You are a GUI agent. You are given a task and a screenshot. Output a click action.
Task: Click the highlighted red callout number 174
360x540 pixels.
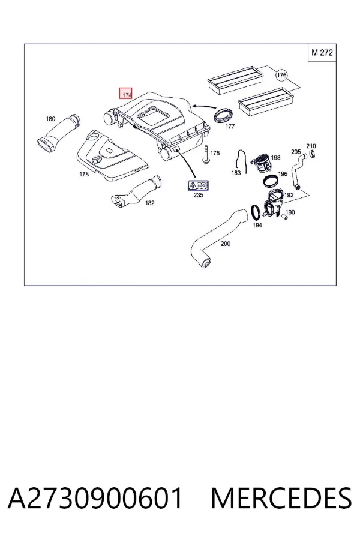coord(126,93)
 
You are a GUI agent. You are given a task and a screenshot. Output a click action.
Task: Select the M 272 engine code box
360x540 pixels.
coord(322,53)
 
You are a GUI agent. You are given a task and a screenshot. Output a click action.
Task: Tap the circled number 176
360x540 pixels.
coord(281,75)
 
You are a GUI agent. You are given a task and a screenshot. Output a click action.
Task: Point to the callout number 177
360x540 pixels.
coord(230,127)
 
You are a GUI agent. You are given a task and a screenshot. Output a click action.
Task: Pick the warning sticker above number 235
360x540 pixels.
coord(198,185)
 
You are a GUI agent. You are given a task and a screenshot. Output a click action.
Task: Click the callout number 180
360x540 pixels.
coord(50,119)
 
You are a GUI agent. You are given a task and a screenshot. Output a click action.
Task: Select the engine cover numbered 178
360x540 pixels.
coord(111,155)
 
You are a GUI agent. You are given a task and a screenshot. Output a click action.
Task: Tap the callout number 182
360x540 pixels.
coord(149,203)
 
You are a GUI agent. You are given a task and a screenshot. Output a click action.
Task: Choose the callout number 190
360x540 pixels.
coord(290,212)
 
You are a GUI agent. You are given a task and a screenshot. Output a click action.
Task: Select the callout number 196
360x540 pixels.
coord(283,174)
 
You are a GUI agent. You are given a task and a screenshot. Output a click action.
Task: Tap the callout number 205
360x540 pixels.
coord(296,152)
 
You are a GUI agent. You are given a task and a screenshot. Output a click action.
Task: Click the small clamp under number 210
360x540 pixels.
coord(312,154)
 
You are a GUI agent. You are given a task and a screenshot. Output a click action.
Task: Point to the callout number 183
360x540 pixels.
coord(236,173)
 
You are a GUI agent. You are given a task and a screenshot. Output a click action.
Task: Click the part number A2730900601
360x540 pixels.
coord(95,498)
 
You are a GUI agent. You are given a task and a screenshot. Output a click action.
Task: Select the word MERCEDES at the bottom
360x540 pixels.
coord(281,498)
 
